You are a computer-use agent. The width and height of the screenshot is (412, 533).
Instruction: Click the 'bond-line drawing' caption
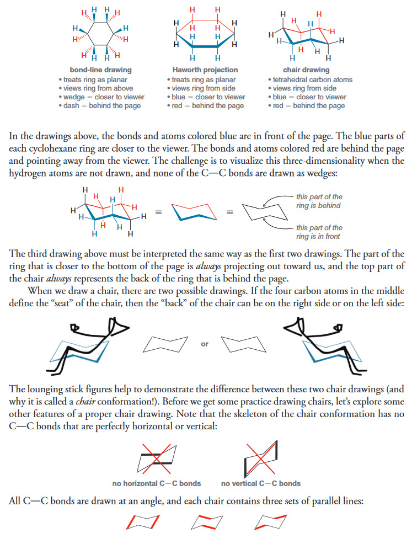click(101, 70)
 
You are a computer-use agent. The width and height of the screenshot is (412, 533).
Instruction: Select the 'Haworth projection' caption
click(205, 70)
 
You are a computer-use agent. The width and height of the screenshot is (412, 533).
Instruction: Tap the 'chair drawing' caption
click(306, 70)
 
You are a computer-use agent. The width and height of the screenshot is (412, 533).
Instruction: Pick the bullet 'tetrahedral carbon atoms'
click(312, 79)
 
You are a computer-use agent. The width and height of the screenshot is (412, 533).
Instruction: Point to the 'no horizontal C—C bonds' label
click(157, 483)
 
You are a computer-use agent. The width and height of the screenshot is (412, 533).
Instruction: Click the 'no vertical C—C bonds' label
click(261, 483)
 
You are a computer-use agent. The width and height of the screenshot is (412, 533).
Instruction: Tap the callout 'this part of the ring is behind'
click(319, 201)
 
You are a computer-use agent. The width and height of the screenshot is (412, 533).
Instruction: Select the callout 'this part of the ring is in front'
click(319, 232)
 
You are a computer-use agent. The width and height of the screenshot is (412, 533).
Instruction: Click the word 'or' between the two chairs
click(205, 344)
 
